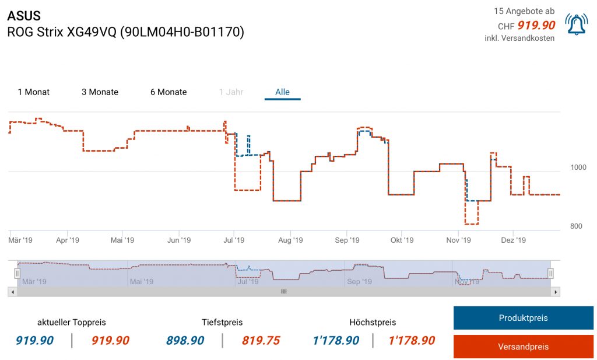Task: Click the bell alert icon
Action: click(x=577, y=24)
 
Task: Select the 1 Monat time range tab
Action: click(x=34, y=92)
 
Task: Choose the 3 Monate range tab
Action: click(x=100, y=92)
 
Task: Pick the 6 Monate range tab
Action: click(x=168, y=92)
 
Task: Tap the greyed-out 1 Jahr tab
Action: click(x=231, y=92)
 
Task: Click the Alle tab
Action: click(x=283, y=92)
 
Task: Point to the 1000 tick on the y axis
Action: click(x=578, y=167)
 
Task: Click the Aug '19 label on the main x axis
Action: click(x=290, y=240)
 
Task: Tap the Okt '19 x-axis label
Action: click(x=402, y=240)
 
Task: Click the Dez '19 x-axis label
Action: click(x=514, y=240)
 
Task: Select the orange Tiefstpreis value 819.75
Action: click(x=261, y=341)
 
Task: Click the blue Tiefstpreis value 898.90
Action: click(x=185, y=341)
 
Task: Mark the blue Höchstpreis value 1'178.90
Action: click(x=335, y=341)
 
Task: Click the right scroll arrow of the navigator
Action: click(x=556, y=291)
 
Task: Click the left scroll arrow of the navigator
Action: click(x=12, y=291)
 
